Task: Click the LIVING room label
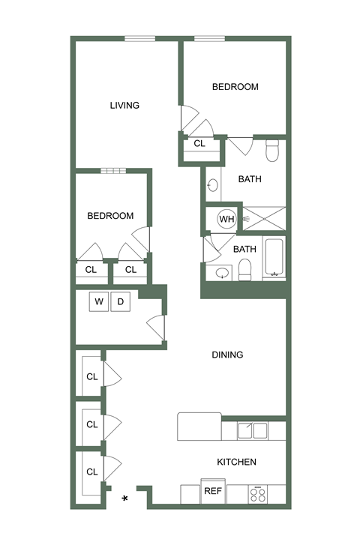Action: tap(124, 105)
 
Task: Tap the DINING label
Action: tap(227, 355)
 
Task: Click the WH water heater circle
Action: tap(226, 220)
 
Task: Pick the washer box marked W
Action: tap(99, 301)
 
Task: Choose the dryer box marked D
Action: tap(121, 301)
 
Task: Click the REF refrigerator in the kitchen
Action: tap(213, 493)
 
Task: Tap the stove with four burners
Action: tap(259, 494)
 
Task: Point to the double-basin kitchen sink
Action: tap(253, 430)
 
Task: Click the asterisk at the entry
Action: tap(125, 498)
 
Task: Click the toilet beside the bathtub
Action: tap(244, 269)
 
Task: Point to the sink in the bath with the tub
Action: tap(220, 273)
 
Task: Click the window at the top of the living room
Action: tap(139, 38)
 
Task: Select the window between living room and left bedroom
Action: tap(114, 171)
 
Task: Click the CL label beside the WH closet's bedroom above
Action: tap(199, 143)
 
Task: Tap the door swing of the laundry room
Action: tap(156, 327)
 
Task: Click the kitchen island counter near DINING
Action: tap(199, 427)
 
